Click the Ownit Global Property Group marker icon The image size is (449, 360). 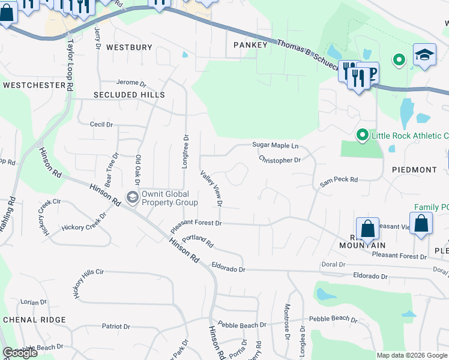(131, 197)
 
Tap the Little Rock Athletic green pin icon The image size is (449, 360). (362, 135)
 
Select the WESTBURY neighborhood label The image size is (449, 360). (129, 47)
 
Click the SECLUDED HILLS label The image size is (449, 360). (129, 95)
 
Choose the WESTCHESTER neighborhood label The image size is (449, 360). (34, 85)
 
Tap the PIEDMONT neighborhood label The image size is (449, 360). (414, 170)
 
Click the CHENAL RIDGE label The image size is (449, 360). (34, 319)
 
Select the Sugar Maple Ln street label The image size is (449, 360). (275, 145)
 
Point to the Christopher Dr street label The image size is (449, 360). (280, 160)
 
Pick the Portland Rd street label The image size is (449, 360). (197, 241)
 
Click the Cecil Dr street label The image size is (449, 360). (101, 124)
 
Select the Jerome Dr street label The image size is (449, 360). (131, 83)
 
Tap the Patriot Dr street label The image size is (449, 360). (116, 326)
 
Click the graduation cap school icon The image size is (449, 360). (424, 56)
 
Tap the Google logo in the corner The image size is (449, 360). (20, 353)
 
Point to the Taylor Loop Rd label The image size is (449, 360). (71, 65)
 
